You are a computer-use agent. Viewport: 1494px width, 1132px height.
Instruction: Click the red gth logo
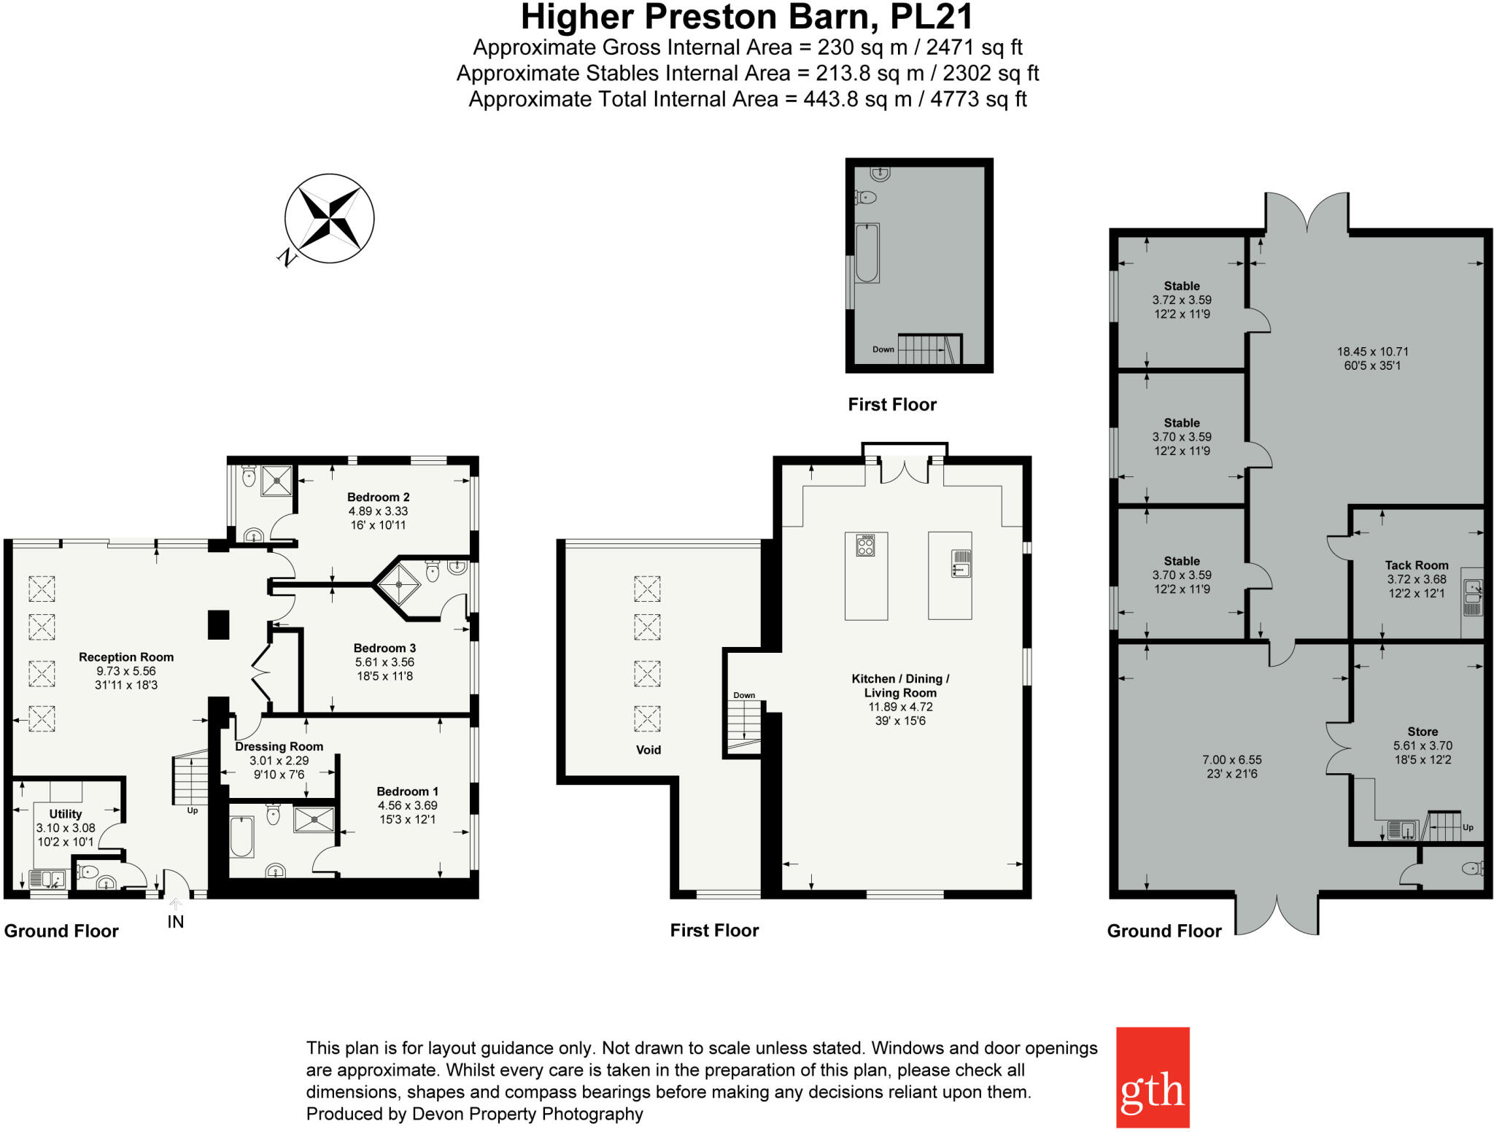pyautogui.click(x=1152, y=1077)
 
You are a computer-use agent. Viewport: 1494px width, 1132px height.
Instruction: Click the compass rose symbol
pyautogui.click(x=330, y=218)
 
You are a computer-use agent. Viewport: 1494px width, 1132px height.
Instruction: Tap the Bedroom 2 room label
pyautogui.click(x=378, y=497)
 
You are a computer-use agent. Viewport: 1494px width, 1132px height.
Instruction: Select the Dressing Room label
pyautogui.click(x=279, y=746)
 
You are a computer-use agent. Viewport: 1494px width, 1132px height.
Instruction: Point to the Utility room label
pyautogui.click(x=66, y=813)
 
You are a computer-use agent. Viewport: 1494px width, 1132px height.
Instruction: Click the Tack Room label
pyautogui.click(x=1416, y=565)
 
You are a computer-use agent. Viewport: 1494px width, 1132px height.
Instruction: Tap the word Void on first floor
pyautogui.click(x=648, y=749)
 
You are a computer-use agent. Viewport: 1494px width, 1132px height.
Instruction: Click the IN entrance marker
pyautogui.click(x=175, y=921)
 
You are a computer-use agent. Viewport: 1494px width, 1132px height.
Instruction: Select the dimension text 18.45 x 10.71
pyautogui.click(x=1372, y=352)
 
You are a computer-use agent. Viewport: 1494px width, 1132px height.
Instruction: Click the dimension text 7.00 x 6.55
pyautogui.click(x=1231, y=759)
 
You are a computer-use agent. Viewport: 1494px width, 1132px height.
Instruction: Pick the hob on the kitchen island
pyautogui.click(x=865, y=545)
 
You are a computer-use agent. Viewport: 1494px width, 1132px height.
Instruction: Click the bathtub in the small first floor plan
pyautogui.click(x=867, y=252)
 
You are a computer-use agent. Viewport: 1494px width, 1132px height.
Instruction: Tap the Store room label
pyautogui.click(x=1423, y=731)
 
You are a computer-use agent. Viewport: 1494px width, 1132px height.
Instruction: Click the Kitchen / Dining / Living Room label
pyautogui.click(x=900, y=686)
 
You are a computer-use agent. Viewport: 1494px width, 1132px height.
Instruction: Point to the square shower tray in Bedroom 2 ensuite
pyautogui.click(x=276, y=480)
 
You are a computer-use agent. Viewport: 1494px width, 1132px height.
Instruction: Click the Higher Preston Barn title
pyautogui.click(x=746, y=17)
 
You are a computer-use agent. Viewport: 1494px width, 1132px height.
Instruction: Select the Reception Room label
pyautogui.click(x=126, y=656)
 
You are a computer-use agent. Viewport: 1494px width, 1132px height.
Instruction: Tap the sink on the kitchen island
pyautogui.click(x=960, y=565)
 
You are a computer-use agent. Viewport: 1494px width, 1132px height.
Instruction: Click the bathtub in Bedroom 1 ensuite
pyautogui.click(x=241, y=837)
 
